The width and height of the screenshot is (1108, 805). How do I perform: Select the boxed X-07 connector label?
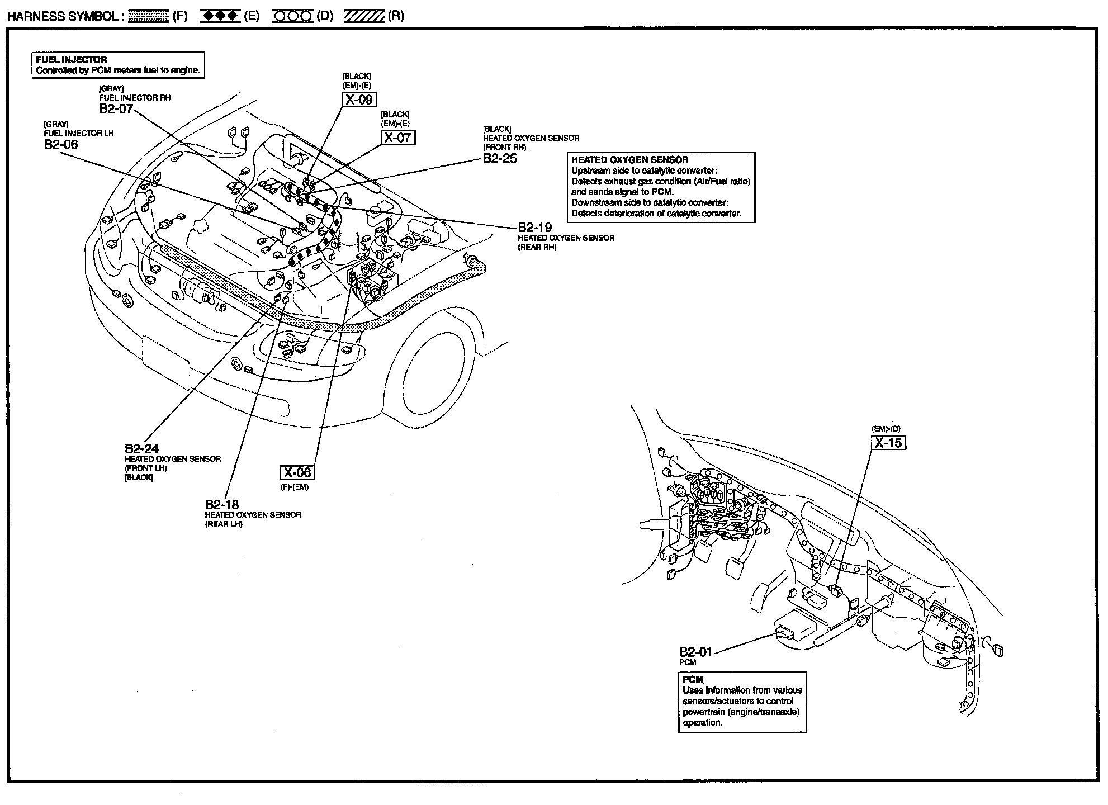pyautogui.click(x=398, y=137)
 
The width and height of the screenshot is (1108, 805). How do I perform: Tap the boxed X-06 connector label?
pyautogui.click(x=297, y=472)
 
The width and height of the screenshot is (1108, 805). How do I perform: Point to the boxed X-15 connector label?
pyautogui.click(x=888, y=443)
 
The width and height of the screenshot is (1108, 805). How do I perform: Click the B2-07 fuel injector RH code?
pyautogui.click(x=116, y=108)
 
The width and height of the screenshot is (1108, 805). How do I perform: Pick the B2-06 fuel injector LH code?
pyautogui.click(x=61, y=144)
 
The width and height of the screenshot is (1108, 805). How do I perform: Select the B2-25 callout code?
pyautogui.click(x=500, y=158)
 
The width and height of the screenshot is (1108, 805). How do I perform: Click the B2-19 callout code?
pyautogui.click(x=534, y=228)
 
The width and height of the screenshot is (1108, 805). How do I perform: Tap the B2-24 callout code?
pyautogui.click(x=141, y=448)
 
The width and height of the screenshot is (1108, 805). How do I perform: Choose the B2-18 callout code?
pyautogui.click(x=222, y=504)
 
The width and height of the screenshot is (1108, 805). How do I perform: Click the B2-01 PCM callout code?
pyautogui.click(x=696, y=652)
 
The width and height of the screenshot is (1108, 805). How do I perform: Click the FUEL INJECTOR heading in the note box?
pyautogui.click(x=72, y=60)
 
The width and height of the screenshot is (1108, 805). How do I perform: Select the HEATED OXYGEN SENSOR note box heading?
pyautogui.click(x=629, y=160)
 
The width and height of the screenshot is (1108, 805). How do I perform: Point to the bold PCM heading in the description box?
pyautogui.click(x=693, y=680)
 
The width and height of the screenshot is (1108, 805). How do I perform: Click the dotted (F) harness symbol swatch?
pyautogui.click(x=149, y=16)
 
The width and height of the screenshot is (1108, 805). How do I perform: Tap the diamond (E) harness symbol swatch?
pyautogui.click(x=221, y=16)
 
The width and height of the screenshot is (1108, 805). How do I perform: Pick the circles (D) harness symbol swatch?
pyautogui.click(x=292, y=16)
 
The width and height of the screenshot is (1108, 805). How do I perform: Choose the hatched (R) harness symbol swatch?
pyautogui.click(x=364, y=16)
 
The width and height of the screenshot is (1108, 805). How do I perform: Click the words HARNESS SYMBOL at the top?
pyautogui.click(x=61, y=16)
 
